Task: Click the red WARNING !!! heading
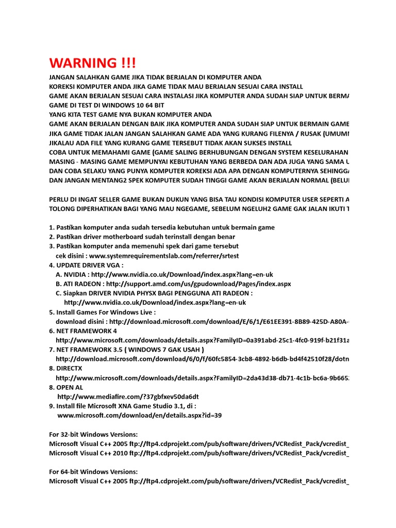point(93,63)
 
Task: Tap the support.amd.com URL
point(199,284)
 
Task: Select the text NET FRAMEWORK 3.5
point(89,350)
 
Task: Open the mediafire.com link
point(128,397)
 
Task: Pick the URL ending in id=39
point(139,415)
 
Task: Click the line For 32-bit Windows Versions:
point(93,434)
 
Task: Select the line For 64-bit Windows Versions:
point(93,472)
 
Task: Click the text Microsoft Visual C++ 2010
point(88,453)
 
